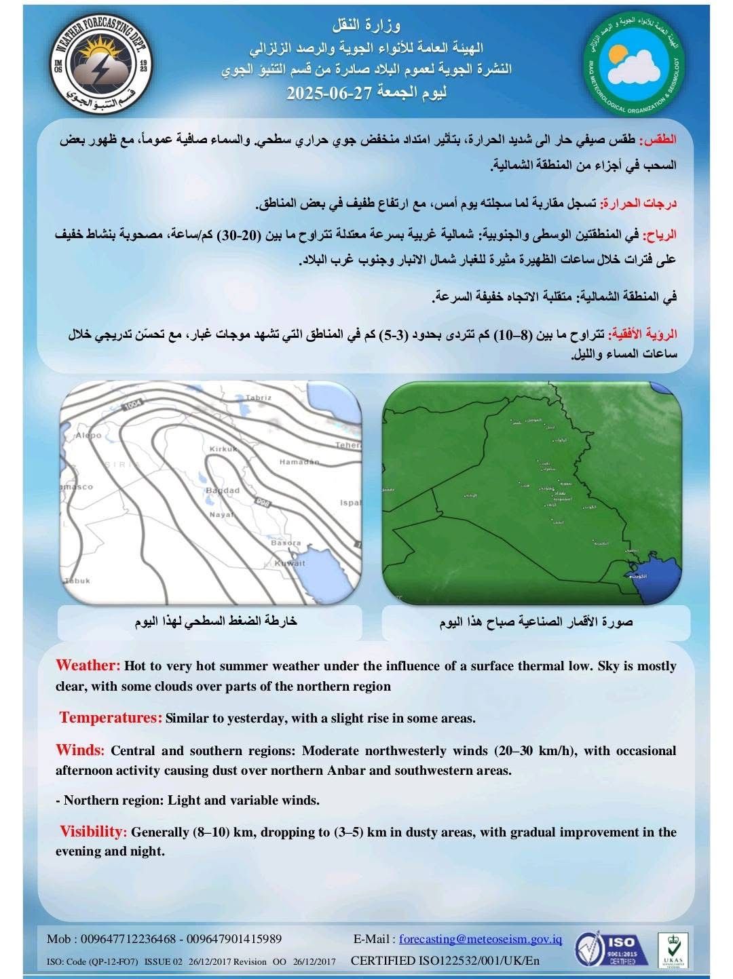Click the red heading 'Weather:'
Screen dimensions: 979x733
click(88, 665)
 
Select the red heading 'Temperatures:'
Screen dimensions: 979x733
click(111, 718)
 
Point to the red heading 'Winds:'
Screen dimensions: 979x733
click(80, 750)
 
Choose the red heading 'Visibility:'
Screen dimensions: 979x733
click(93, 832)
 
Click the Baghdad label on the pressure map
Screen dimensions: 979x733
click(222, 491)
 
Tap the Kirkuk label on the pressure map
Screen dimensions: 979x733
click(223, 449)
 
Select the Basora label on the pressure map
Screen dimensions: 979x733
click(285, 543)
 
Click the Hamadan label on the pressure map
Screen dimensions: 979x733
click(299, 462)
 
